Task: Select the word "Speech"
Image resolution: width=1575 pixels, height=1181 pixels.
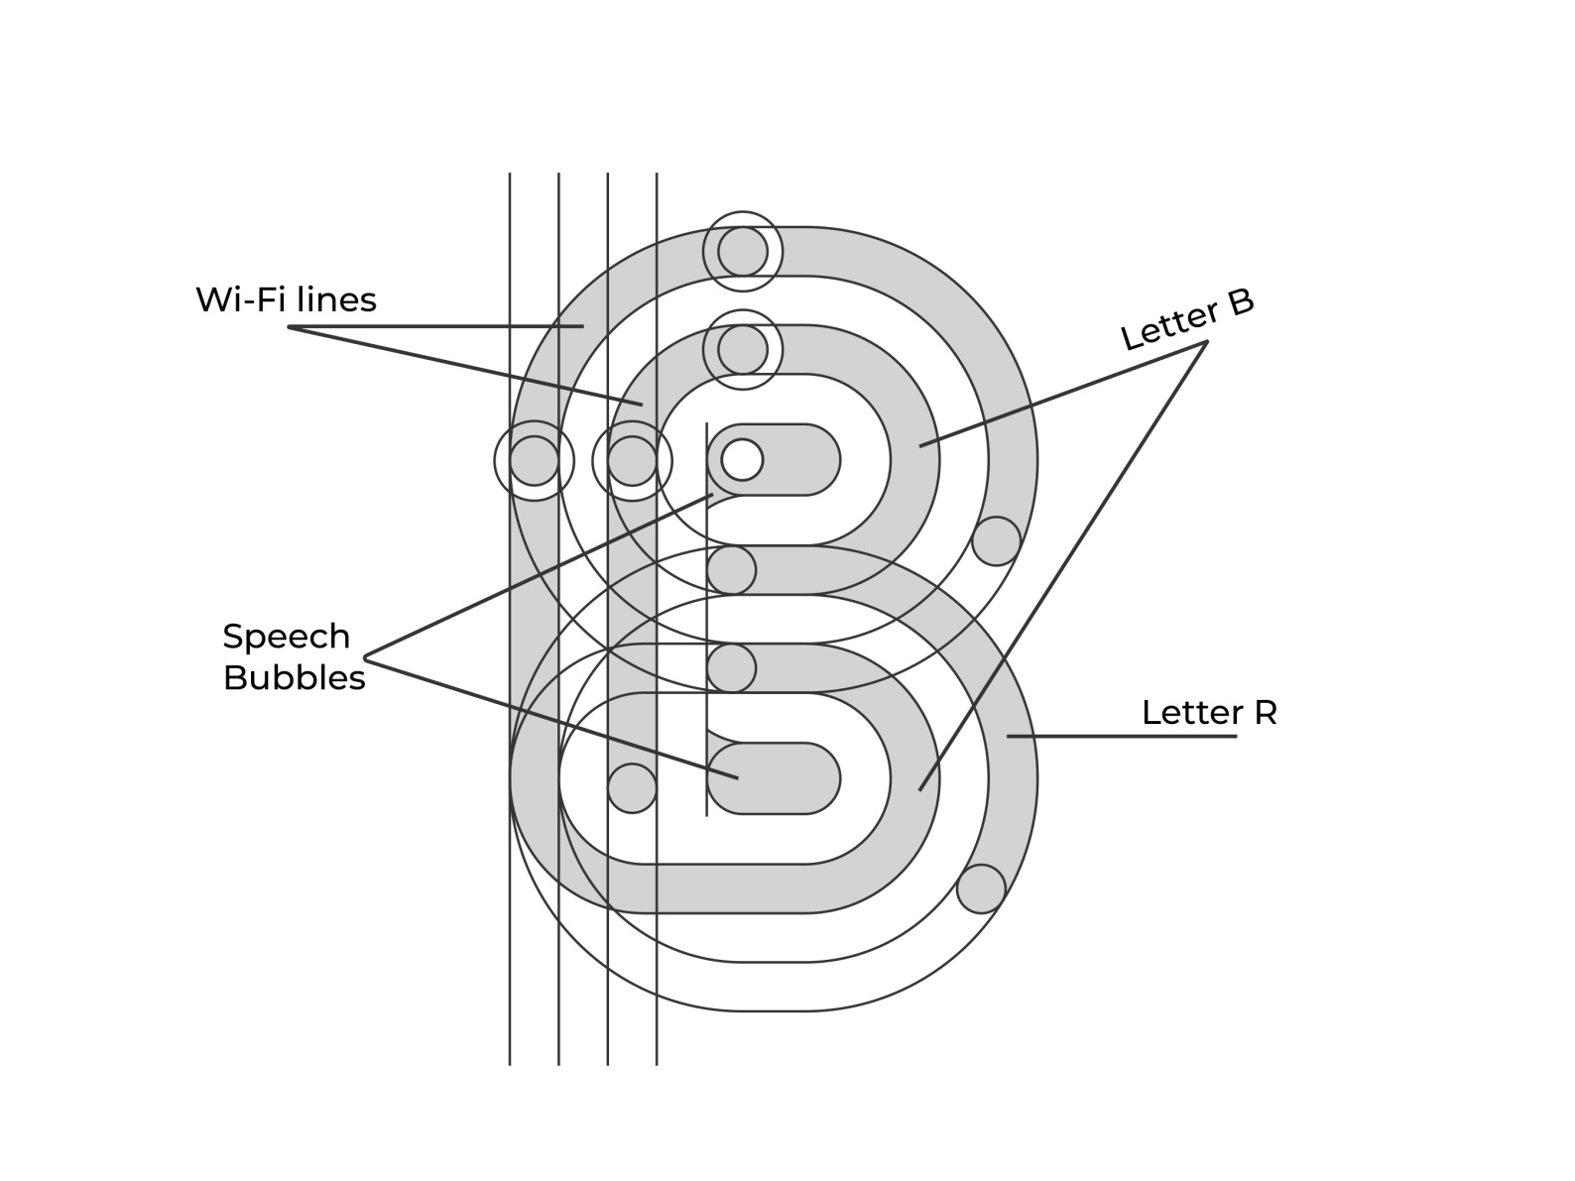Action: (x=286, y=637)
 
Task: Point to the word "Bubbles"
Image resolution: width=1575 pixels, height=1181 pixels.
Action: (x=294, y=678)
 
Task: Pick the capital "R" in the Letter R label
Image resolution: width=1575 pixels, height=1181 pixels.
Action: (x=1265, y=713)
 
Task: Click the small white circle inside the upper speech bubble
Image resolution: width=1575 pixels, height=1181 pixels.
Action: (x=742, y=460)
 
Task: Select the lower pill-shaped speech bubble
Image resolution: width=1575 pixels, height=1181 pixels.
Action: (x=784, y=778)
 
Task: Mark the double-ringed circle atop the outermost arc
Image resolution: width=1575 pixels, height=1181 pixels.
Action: (x=743, y=252)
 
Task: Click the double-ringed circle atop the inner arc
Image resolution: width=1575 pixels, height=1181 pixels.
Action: (x=743, y=350)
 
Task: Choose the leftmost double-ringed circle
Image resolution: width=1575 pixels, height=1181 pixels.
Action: (x=535, y=461)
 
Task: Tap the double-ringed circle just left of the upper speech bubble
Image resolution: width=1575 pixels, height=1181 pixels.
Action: (x=633, y=461)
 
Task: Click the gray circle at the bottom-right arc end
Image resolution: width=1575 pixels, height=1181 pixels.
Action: (x=981, y=888)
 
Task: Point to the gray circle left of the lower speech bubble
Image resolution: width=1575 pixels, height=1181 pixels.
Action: (x=632, y=788)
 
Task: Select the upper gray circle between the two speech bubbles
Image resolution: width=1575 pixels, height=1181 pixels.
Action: (x=732, y=570)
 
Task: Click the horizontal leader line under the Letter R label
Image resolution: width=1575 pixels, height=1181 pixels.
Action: (x=1121, y=737)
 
